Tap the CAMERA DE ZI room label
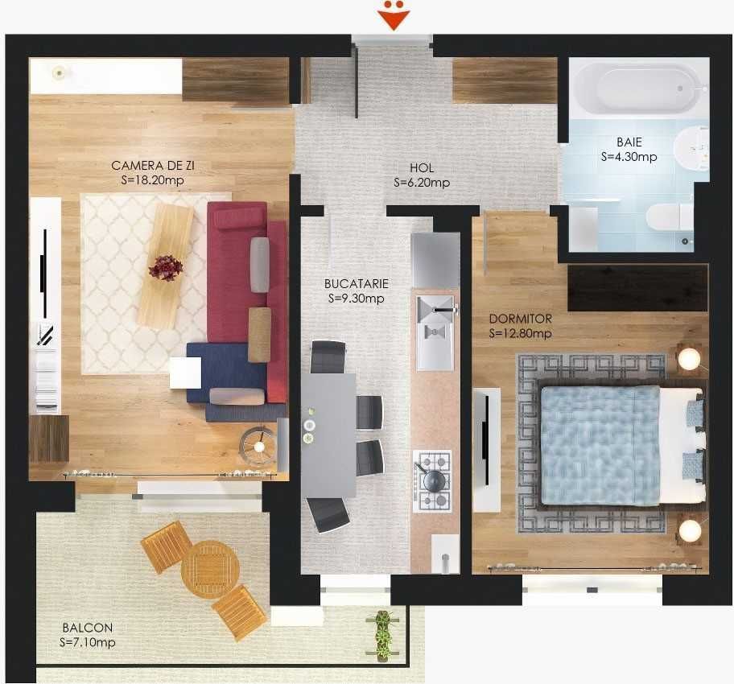[x=153, y=166]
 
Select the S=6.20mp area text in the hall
[x=421, y=183]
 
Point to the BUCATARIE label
[x=357, y=283]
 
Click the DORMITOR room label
[x=520, y=319]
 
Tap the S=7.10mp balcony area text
[x=88, y=642]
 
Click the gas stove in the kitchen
[x=433, y=480]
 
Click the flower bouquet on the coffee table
[x=166, y=267]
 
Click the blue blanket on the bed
[x=600, y=443]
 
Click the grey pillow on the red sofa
[x=260, y=265]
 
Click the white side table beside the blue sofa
[x=185, y=373]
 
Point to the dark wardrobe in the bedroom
[x=637, y=287]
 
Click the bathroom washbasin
[x=691, y=150]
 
